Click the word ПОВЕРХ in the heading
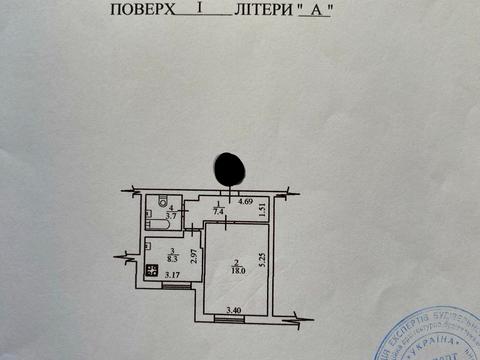pos(139,11)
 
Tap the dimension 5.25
pos(262,261)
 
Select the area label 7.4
pos(218,212)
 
